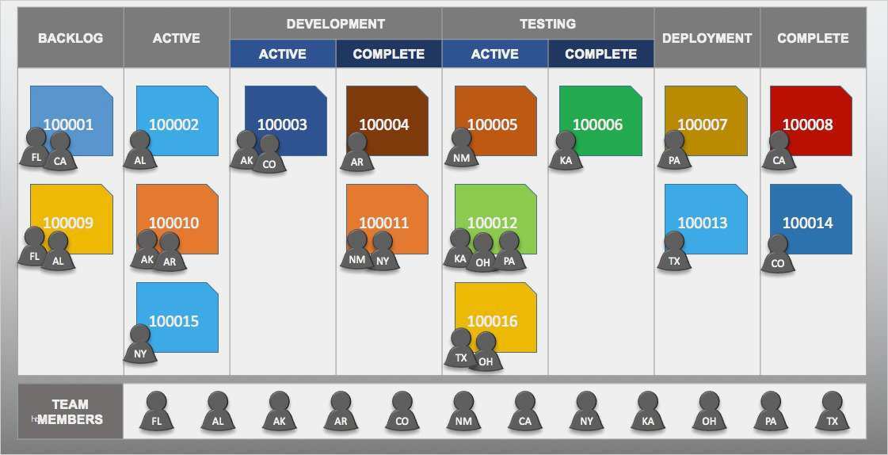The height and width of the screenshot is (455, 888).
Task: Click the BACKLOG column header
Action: pyautogui.click(x=71, y=38)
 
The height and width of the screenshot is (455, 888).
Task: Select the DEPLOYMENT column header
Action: pyautogui.click(x=707, y=38)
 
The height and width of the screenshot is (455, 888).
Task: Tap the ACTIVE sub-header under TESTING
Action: pyautogui.click(x=495, y=54)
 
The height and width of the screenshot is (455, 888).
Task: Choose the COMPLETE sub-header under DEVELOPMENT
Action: pyautogui.click(x=388, y=54)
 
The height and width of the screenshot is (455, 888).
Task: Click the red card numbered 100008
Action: pyautogui.click(x=811, y=120)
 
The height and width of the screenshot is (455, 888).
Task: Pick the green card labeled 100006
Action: pyautogui.click(x=601, y=120)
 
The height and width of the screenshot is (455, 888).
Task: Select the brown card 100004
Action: pyautogui.click(x=387, y=120)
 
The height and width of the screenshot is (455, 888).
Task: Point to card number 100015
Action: pyautogui.click(x=177, y=317)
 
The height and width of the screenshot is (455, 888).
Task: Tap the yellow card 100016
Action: pyautogui.click(x=496, y=317)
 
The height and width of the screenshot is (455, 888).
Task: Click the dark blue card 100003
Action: pyautogui.click(x=285, y=120)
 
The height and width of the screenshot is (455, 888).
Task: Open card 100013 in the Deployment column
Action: pyautogui.click(x=707, y=220)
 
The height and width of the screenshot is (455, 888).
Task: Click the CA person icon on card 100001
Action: pyautogui.click(x=60, y=152)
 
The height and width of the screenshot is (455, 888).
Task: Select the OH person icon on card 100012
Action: pyautogui.click(x=483, y=253)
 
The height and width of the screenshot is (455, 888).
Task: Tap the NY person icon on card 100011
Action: pyautogui.click(x=383, y=251)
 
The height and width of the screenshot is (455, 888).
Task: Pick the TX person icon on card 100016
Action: pyautogui.click(x=461, y=348)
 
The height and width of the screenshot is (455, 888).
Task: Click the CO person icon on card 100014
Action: pyautogui.click(x=778, y=254)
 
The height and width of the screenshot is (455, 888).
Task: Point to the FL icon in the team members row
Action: pyautogui.click(x=157, y=411)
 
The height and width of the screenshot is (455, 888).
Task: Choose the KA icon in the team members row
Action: pyautogui.click(x=648, y=411)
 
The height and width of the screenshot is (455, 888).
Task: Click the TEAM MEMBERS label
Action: pyautogui.click(x=71, y=412)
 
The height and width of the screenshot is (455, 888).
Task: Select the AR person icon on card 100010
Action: pyautogui.click(x=170, y=252)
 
